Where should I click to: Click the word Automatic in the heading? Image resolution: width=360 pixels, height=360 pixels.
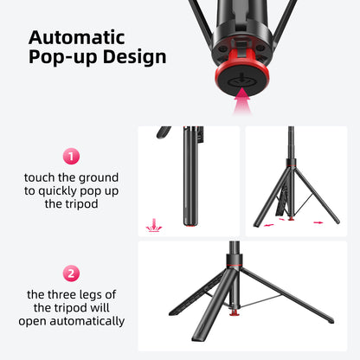[x=77, y=39]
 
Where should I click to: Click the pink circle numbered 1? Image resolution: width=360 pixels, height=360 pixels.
[x=72, y=157]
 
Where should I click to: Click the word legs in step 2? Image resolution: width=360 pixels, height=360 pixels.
[x=106, y=293]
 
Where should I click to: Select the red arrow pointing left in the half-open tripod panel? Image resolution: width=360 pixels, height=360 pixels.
[x=270, y=223]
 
